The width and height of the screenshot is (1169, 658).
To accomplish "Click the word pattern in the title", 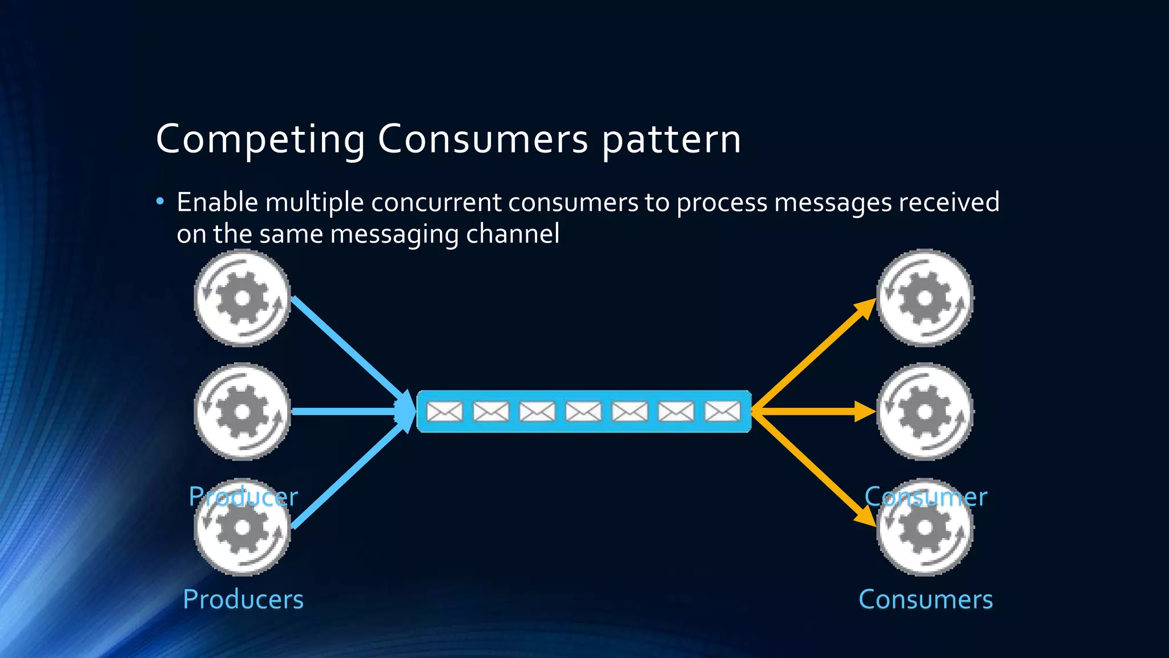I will (x=671, y=139).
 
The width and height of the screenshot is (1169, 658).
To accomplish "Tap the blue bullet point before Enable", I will (x=160, y=201).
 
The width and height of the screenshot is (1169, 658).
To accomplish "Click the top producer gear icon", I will (x=243, y=298).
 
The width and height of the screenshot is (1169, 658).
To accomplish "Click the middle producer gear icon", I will (x=243, y=411).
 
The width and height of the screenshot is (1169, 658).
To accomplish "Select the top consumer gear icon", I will (x=925, y=298).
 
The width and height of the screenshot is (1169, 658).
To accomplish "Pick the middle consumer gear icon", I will (x=925, y=411).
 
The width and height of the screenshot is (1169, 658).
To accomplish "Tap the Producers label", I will (x=243, y=599).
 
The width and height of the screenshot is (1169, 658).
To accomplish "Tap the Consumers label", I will (x=925, y=599).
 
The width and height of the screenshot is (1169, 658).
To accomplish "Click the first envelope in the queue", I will (x=445, y=411).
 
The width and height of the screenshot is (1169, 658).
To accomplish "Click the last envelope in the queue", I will (x=723, y=411).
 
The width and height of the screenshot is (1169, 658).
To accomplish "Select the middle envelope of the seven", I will (x=583, y=411).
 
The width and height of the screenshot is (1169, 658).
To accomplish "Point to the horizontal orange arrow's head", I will (x=864, y=411).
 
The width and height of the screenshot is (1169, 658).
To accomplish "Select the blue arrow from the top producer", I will (x=348, y=348).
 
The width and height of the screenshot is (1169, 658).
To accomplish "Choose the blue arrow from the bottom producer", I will (x=348, y=474).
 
